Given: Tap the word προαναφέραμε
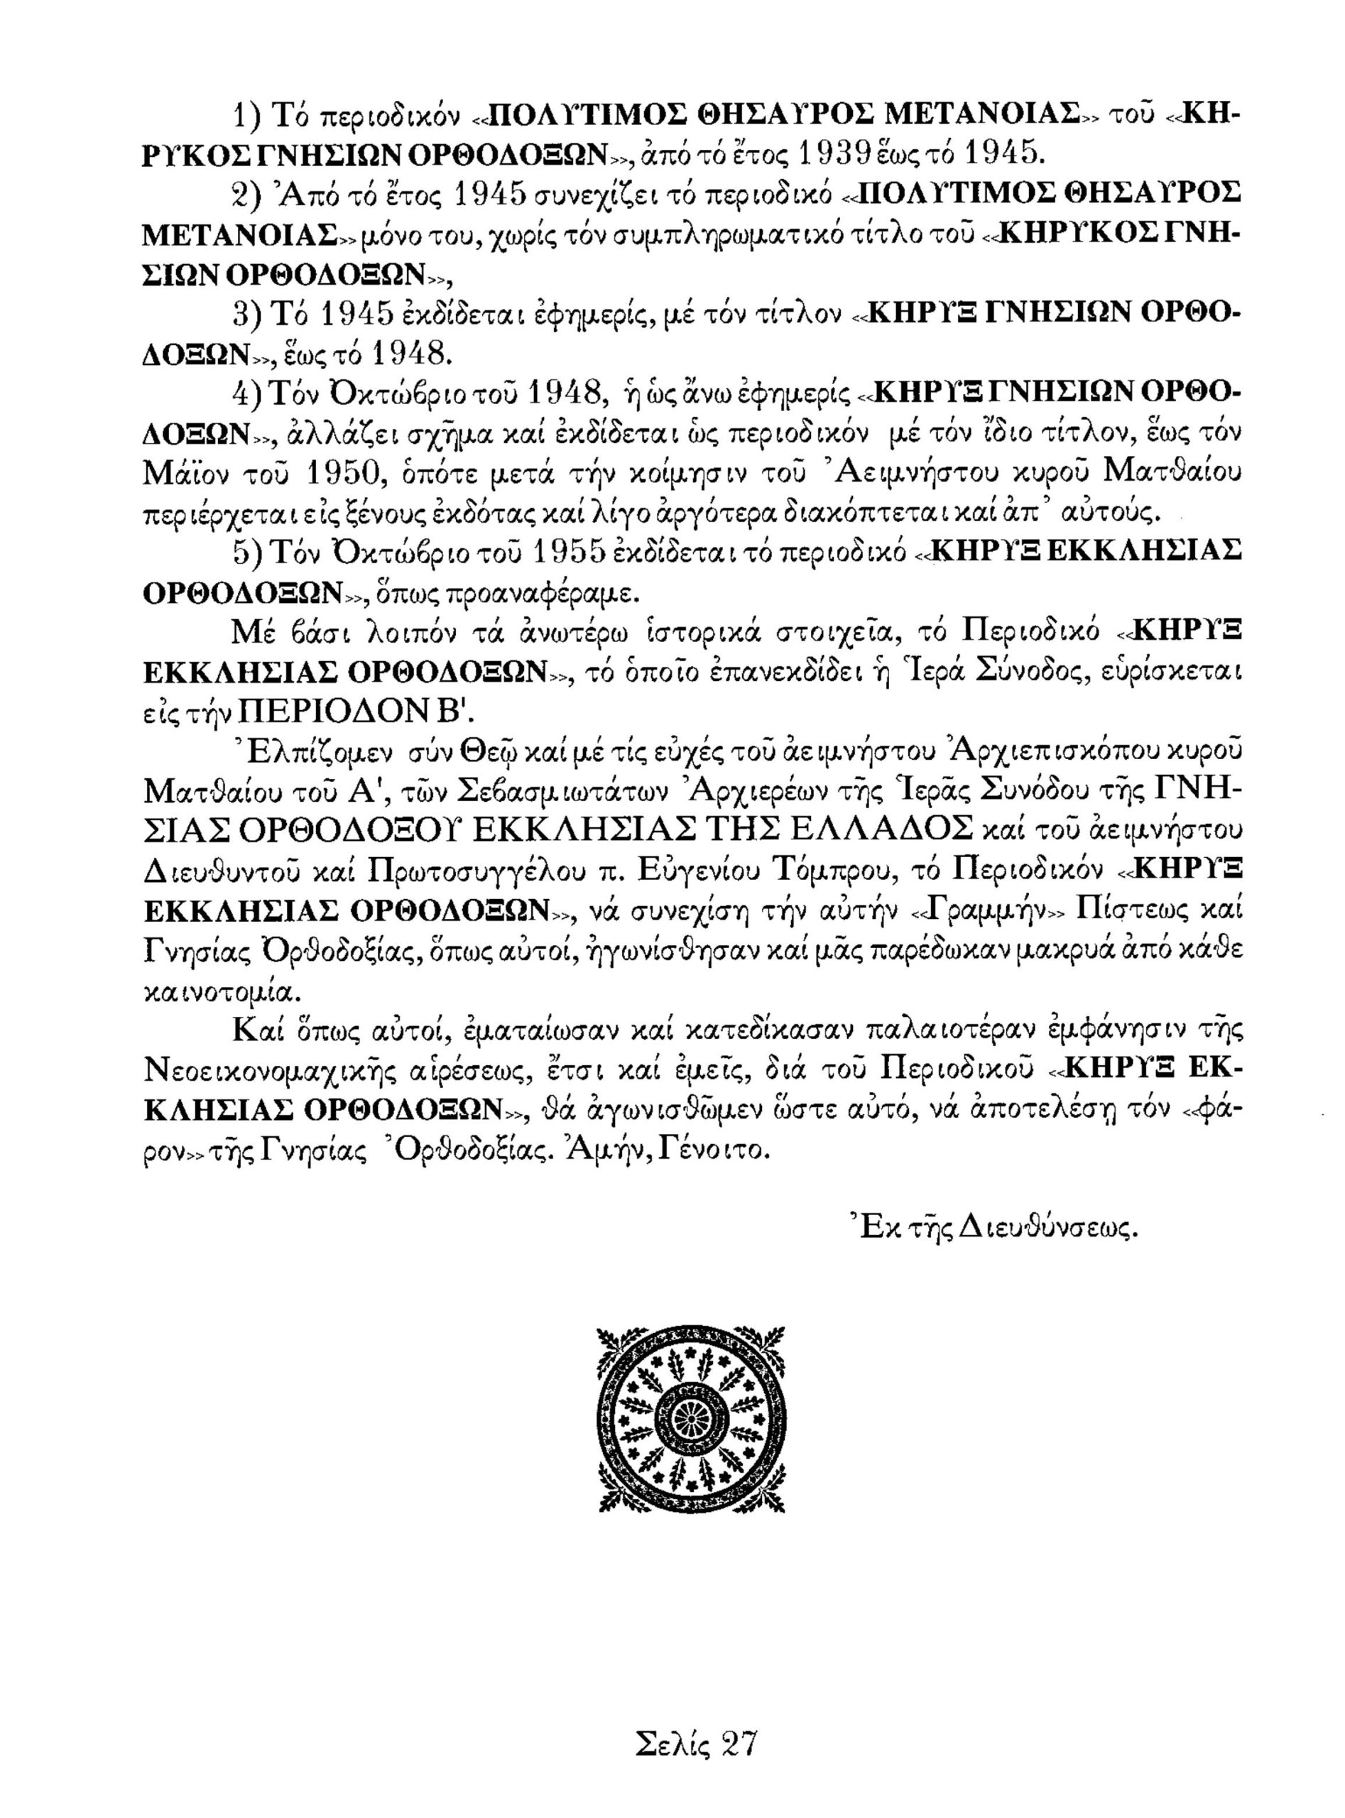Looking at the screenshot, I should point(547,592).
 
